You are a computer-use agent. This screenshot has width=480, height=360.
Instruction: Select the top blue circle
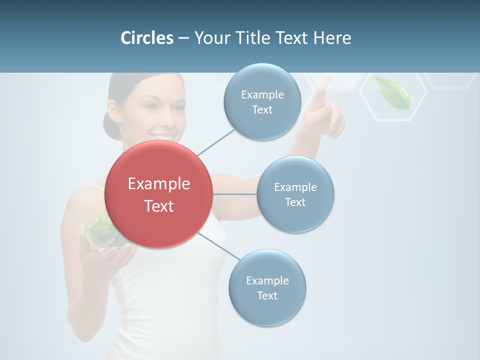click(x=262, y=101)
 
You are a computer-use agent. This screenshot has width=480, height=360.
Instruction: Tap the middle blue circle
click(x=295, y=194)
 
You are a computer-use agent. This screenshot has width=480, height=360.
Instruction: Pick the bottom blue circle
click(x=267, y=287)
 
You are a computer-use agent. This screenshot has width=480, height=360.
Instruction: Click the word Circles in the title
click(x=147, y=38)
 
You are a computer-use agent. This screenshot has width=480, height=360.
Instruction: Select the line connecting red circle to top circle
click(x=216, y=142)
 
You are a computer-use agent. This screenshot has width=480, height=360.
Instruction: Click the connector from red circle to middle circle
click(x=234, y=194)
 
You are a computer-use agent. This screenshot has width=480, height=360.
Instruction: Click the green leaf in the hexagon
click(x=393, y=92)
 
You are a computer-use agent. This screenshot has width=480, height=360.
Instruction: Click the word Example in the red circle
click(x=158, y=184)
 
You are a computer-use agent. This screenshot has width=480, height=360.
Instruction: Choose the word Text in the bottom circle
click(x=267, y=295)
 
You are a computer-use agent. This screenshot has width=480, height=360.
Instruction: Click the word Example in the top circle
click(x=262, y=94)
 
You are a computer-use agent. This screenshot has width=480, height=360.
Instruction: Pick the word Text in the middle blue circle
click(x=295, y=202)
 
